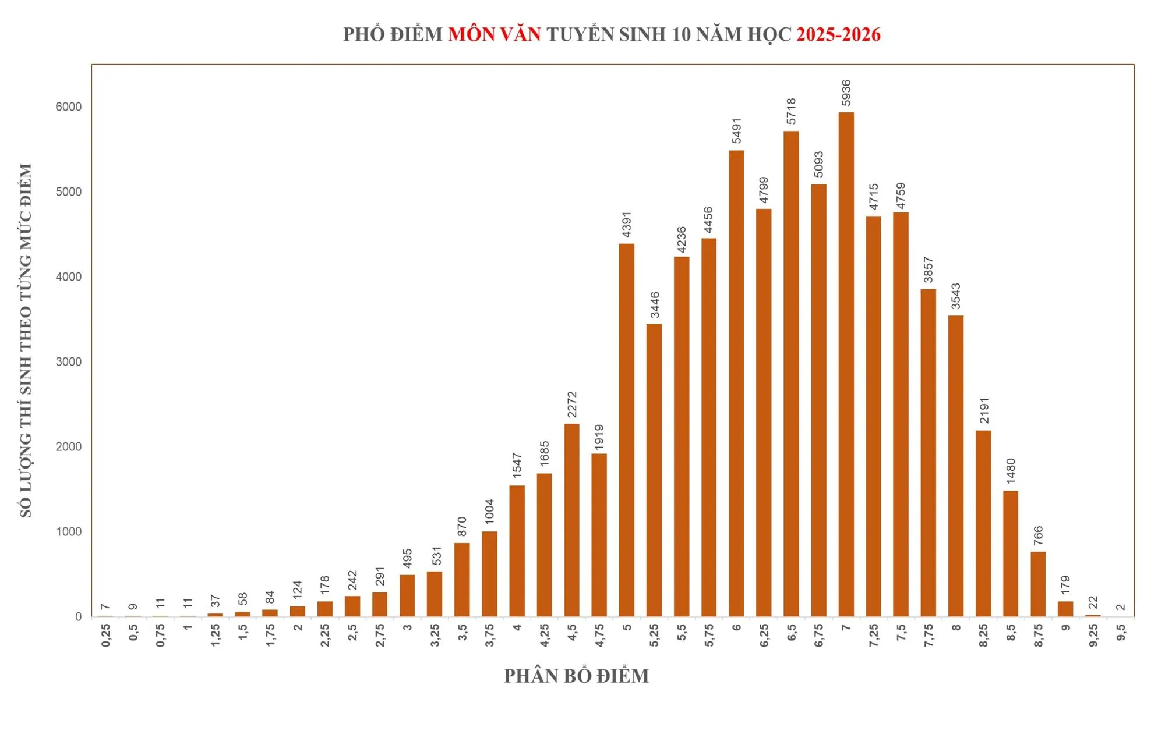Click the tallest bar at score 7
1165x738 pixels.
click(846, 364)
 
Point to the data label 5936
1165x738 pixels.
click(846, 93)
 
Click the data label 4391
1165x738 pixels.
click(627, 225)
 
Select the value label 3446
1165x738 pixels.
click(655, 305)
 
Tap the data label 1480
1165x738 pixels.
click(1011, 471)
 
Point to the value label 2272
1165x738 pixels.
click(572, 404)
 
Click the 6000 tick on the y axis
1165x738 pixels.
click(69, 107)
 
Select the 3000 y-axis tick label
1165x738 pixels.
click(69, 361)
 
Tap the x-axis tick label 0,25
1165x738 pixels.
click(106, 634)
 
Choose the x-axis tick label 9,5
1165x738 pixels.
click(1121, 632)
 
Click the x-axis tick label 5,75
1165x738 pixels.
click(709, 634)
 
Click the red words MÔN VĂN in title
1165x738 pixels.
click(494, 34)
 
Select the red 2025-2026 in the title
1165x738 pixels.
click(838, 34)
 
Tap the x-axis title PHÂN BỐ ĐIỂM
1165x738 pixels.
click(576, 676)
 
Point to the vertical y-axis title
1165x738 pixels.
click(26, 340)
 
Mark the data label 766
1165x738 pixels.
click(1038, 535)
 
